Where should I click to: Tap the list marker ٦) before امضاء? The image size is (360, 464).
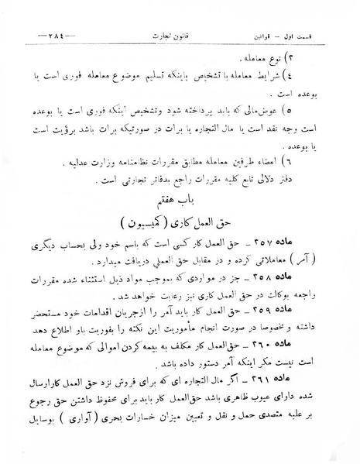[x=323, y=163]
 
